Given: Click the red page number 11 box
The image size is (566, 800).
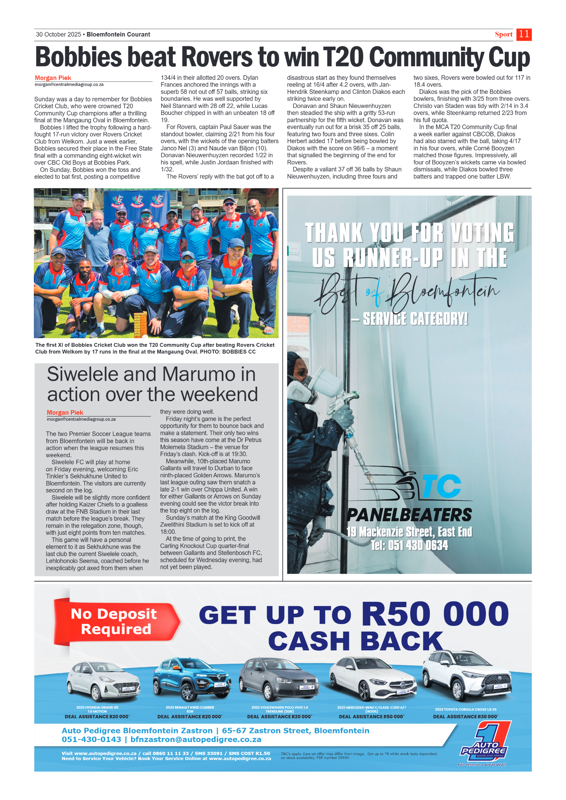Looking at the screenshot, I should tap(524, 35).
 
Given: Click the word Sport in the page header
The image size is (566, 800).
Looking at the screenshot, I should tap(503, 35).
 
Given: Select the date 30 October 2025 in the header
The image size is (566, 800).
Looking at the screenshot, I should tap(58, 35).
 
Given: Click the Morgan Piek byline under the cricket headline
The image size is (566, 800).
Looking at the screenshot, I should tap(53, 78).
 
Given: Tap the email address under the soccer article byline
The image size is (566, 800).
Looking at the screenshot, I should tap(81, 419).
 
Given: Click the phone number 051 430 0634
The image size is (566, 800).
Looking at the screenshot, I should tap(409, 545).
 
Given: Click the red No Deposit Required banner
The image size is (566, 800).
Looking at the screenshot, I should tap(114, 621).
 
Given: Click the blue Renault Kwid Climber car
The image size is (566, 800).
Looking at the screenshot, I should tap(191, 678).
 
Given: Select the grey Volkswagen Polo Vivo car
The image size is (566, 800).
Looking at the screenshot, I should tap(278, 678).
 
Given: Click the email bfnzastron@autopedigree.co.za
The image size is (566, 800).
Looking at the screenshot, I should tap(196, 740).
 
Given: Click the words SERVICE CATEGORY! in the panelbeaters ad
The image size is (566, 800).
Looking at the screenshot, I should tap(415, 319).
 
